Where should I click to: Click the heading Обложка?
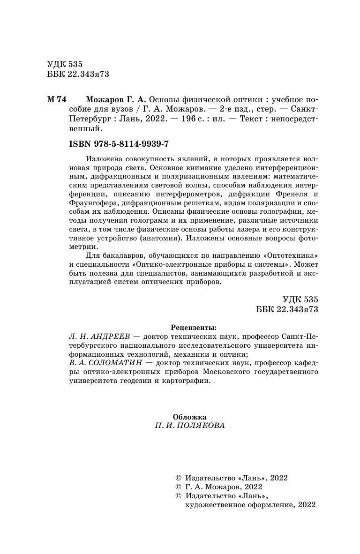(x=189, y=417)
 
